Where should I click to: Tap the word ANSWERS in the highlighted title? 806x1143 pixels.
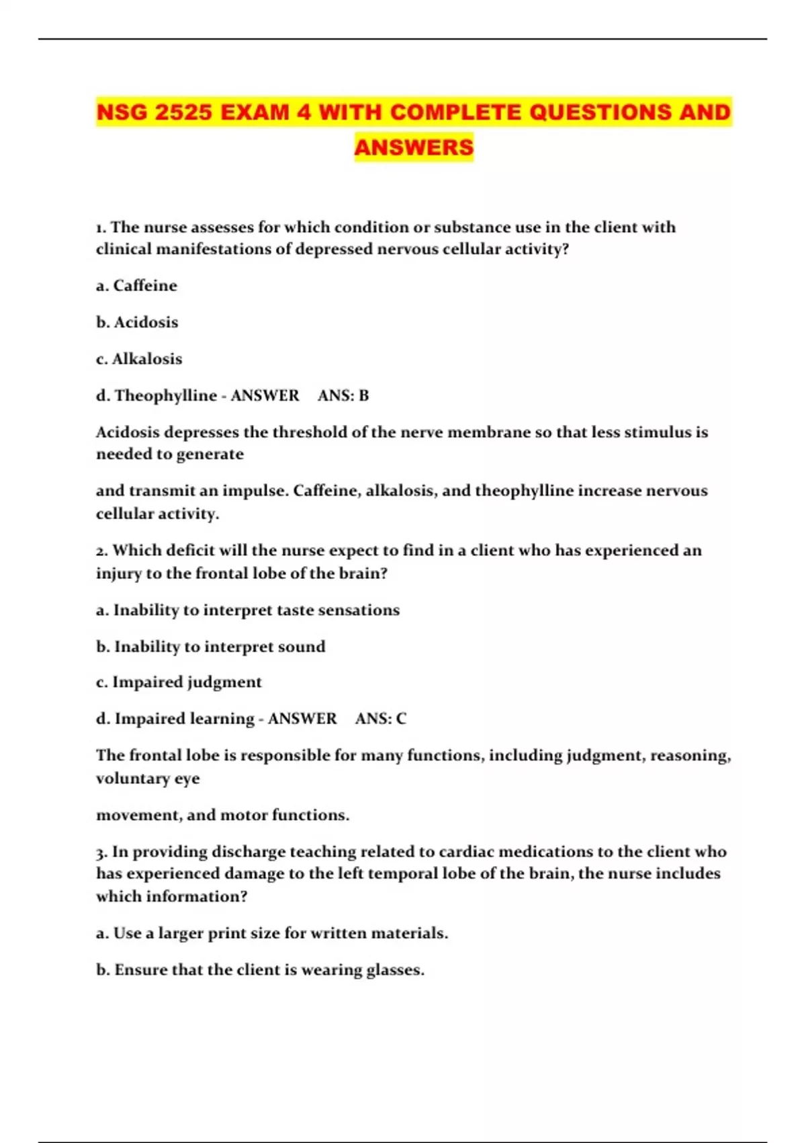click(x=414, y=147)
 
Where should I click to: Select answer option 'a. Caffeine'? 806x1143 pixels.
click(x=136, y=286)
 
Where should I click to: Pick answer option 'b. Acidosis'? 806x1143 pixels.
click(x=137, y=322)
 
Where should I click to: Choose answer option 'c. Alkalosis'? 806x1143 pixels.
click(x=139, y=359)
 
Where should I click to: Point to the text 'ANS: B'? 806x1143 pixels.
click(x=343, y=395)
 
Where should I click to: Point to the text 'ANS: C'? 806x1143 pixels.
click(x=381, y=719)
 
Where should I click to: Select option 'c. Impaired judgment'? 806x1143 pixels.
click(x=179, y=682)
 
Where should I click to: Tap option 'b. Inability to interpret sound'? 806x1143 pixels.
click(x=211, y=647)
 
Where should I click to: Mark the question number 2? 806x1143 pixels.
click(x=101, y=551)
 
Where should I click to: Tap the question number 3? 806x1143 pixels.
click(x=101, y=853)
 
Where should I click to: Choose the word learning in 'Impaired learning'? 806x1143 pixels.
click(x=222, y=719)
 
